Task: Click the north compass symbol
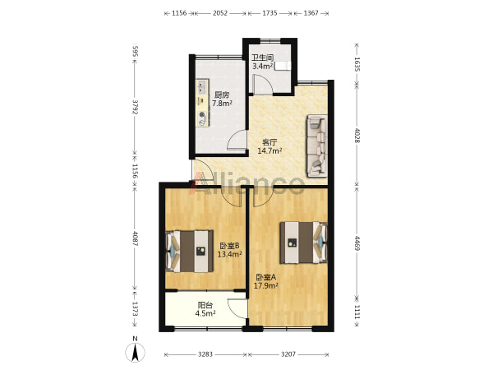click(x=136, y=352)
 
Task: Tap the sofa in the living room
click(x=317, y=146)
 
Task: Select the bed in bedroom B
click(x=189, y=251)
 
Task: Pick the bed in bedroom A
click(x=304, y=243)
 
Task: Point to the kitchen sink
click(x=202, y=87)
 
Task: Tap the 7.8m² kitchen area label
click(x=222, y=103)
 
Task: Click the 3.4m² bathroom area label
click(x=263, y=66)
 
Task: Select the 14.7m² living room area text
click(x=270, y=150)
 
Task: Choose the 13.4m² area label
click(x=229, y=254)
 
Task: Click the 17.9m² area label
click(x=265, y=285)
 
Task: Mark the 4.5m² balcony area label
click(x=205, y=313)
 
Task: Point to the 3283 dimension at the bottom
click(x=205, y=354)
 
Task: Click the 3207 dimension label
click(x=288, y=354)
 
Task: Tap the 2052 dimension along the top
click(x=220, y=13)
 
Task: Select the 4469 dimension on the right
click(x=357, y=243)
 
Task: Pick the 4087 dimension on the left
click(x=136, y=238)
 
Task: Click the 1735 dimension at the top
click(x=270, y=13)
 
